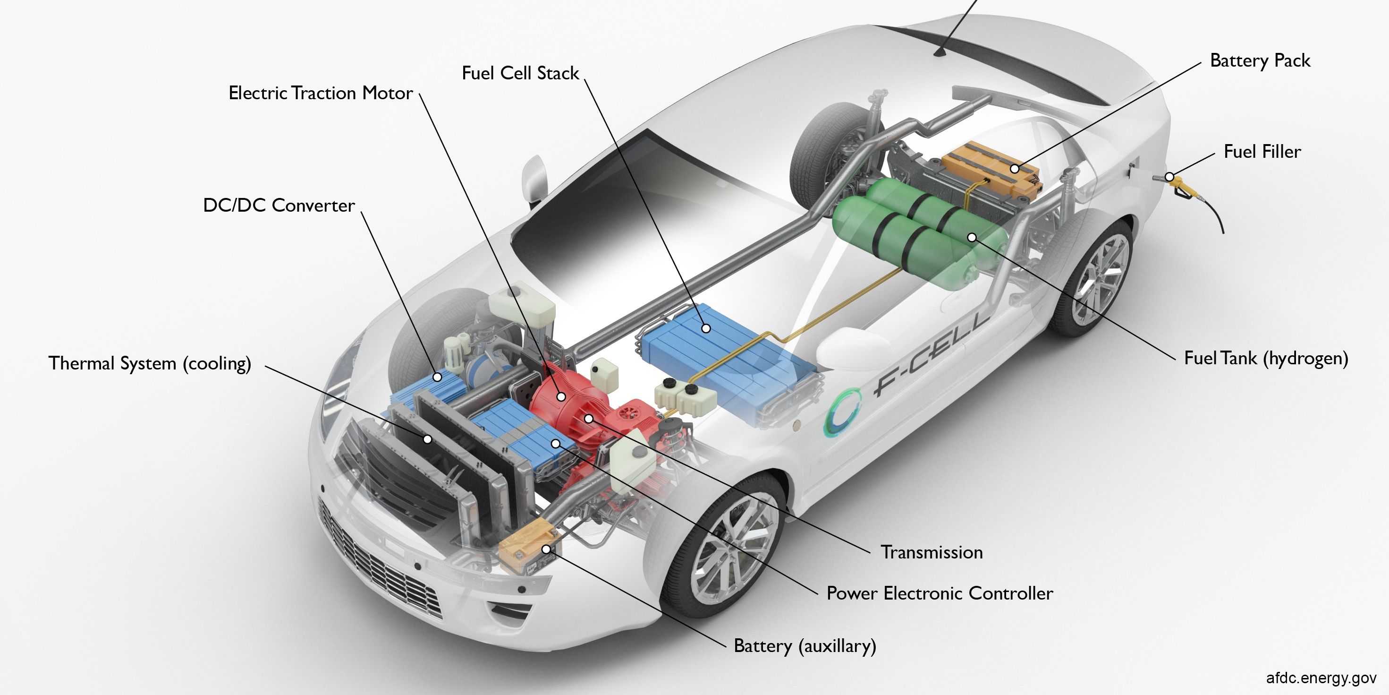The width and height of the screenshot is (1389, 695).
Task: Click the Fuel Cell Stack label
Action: tap(520, 73)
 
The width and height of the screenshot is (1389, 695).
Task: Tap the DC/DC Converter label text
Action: tap(279, 205)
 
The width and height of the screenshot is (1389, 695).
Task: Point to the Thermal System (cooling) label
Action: tap(150, 363)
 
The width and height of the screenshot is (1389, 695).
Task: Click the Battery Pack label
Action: tap(1260, 60)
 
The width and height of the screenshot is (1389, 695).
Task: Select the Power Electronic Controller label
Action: tap(940, 593)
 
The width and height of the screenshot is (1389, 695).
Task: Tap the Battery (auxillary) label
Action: tap(805, 646)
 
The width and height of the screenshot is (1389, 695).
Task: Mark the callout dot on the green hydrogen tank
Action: tap(971, 237)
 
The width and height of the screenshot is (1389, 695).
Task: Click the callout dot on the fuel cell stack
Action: tap(705, 328)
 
